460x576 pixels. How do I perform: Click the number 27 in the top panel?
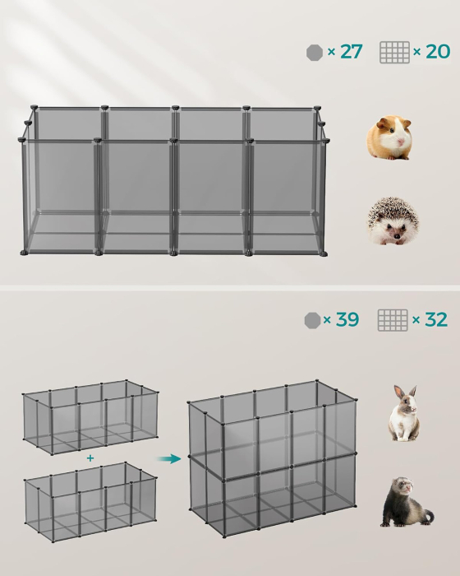click(351, 52)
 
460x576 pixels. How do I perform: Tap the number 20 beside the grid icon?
click(438, 52)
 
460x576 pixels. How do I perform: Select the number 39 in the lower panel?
click(347, 319)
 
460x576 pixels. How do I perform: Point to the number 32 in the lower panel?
click(435, 319)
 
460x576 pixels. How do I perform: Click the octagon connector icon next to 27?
click(314, 52)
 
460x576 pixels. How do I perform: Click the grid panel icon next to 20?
click(394, 52)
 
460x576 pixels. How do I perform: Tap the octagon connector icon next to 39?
click(312, 319)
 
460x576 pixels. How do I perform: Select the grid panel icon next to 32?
click(393, 320)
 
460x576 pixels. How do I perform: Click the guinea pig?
click(389, 137)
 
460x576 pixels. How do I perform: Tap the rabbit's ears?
click(405, 393)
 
